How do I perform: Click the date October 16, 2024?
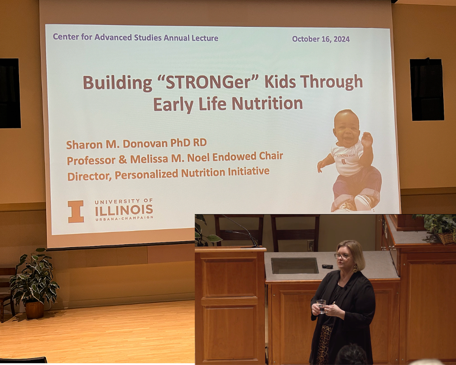tap(321, 39)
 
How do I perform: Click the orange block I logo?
tap(76, 212)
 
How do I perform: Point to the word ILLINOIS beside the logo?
tap(123, 210)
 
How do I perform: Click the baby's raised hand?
tap(366, 139)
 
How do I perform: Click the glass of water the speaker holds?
tap(322, 306)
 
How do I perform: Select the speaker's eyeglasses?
tap(342, 256)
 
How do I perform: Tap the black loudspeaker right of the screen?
tap(426, 89)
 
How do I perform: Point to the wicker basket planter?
tap(445, 238)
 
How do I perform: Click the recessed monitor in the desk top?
tap(294, 266)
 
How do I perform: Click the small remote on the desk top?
tap(327, 267)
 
